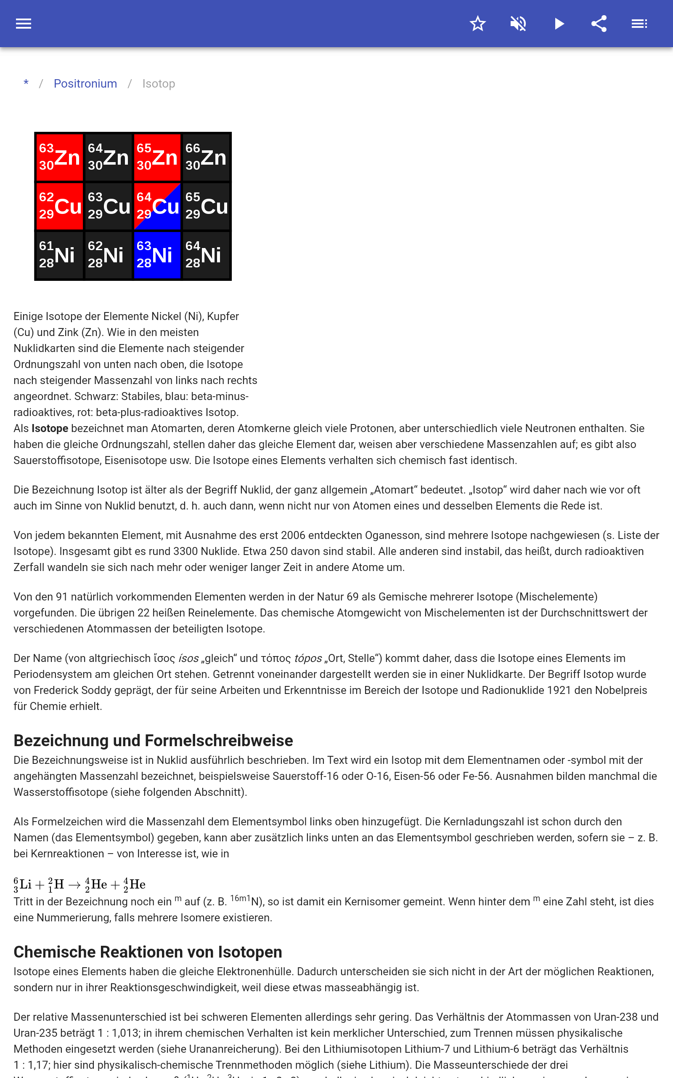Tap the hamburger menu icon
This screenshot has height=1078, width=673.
pos(24,24)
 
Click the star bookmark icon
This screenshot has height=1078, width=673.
pos(477,24)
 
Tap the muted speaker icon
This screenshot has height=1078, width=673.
pos(518,24)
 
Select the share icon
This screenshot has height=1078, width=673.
pos(599,24)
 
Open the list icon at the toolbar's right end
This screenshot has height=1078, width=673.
pos(639,24)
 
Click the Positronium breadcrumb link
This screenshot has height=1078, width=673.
pos(85,84)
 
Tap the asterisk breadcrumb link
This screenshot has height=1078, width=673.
pos(26,83)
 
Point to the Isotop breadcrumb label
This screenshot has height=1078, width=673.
pos(159,84)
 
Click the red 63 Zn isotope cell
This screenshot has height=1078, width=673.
pos(59,157)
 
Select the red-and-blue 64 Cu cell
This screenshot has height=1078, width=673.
pos(157,206)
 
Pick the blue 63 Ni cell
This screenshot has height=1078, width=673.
pos(157,255)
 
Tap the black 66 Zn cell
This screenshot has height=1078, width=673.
pos(206,157)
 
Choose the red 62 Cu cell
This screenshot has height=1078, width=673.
pos(59,206)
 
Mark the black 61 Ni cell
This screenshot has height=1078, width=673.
pos(59,255)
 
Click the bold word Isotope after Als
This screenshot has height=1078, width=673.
pos(50,429)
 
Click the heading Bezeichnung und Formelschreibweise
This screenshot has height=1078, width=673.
pos(153,740)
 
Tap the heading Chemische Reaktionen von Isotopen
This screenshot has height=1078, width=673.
pos(148,952)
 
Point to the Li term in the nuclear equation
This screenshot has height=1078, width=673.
pos(23,885)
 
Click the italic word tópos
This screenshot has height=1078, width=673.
pos(308,659)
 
